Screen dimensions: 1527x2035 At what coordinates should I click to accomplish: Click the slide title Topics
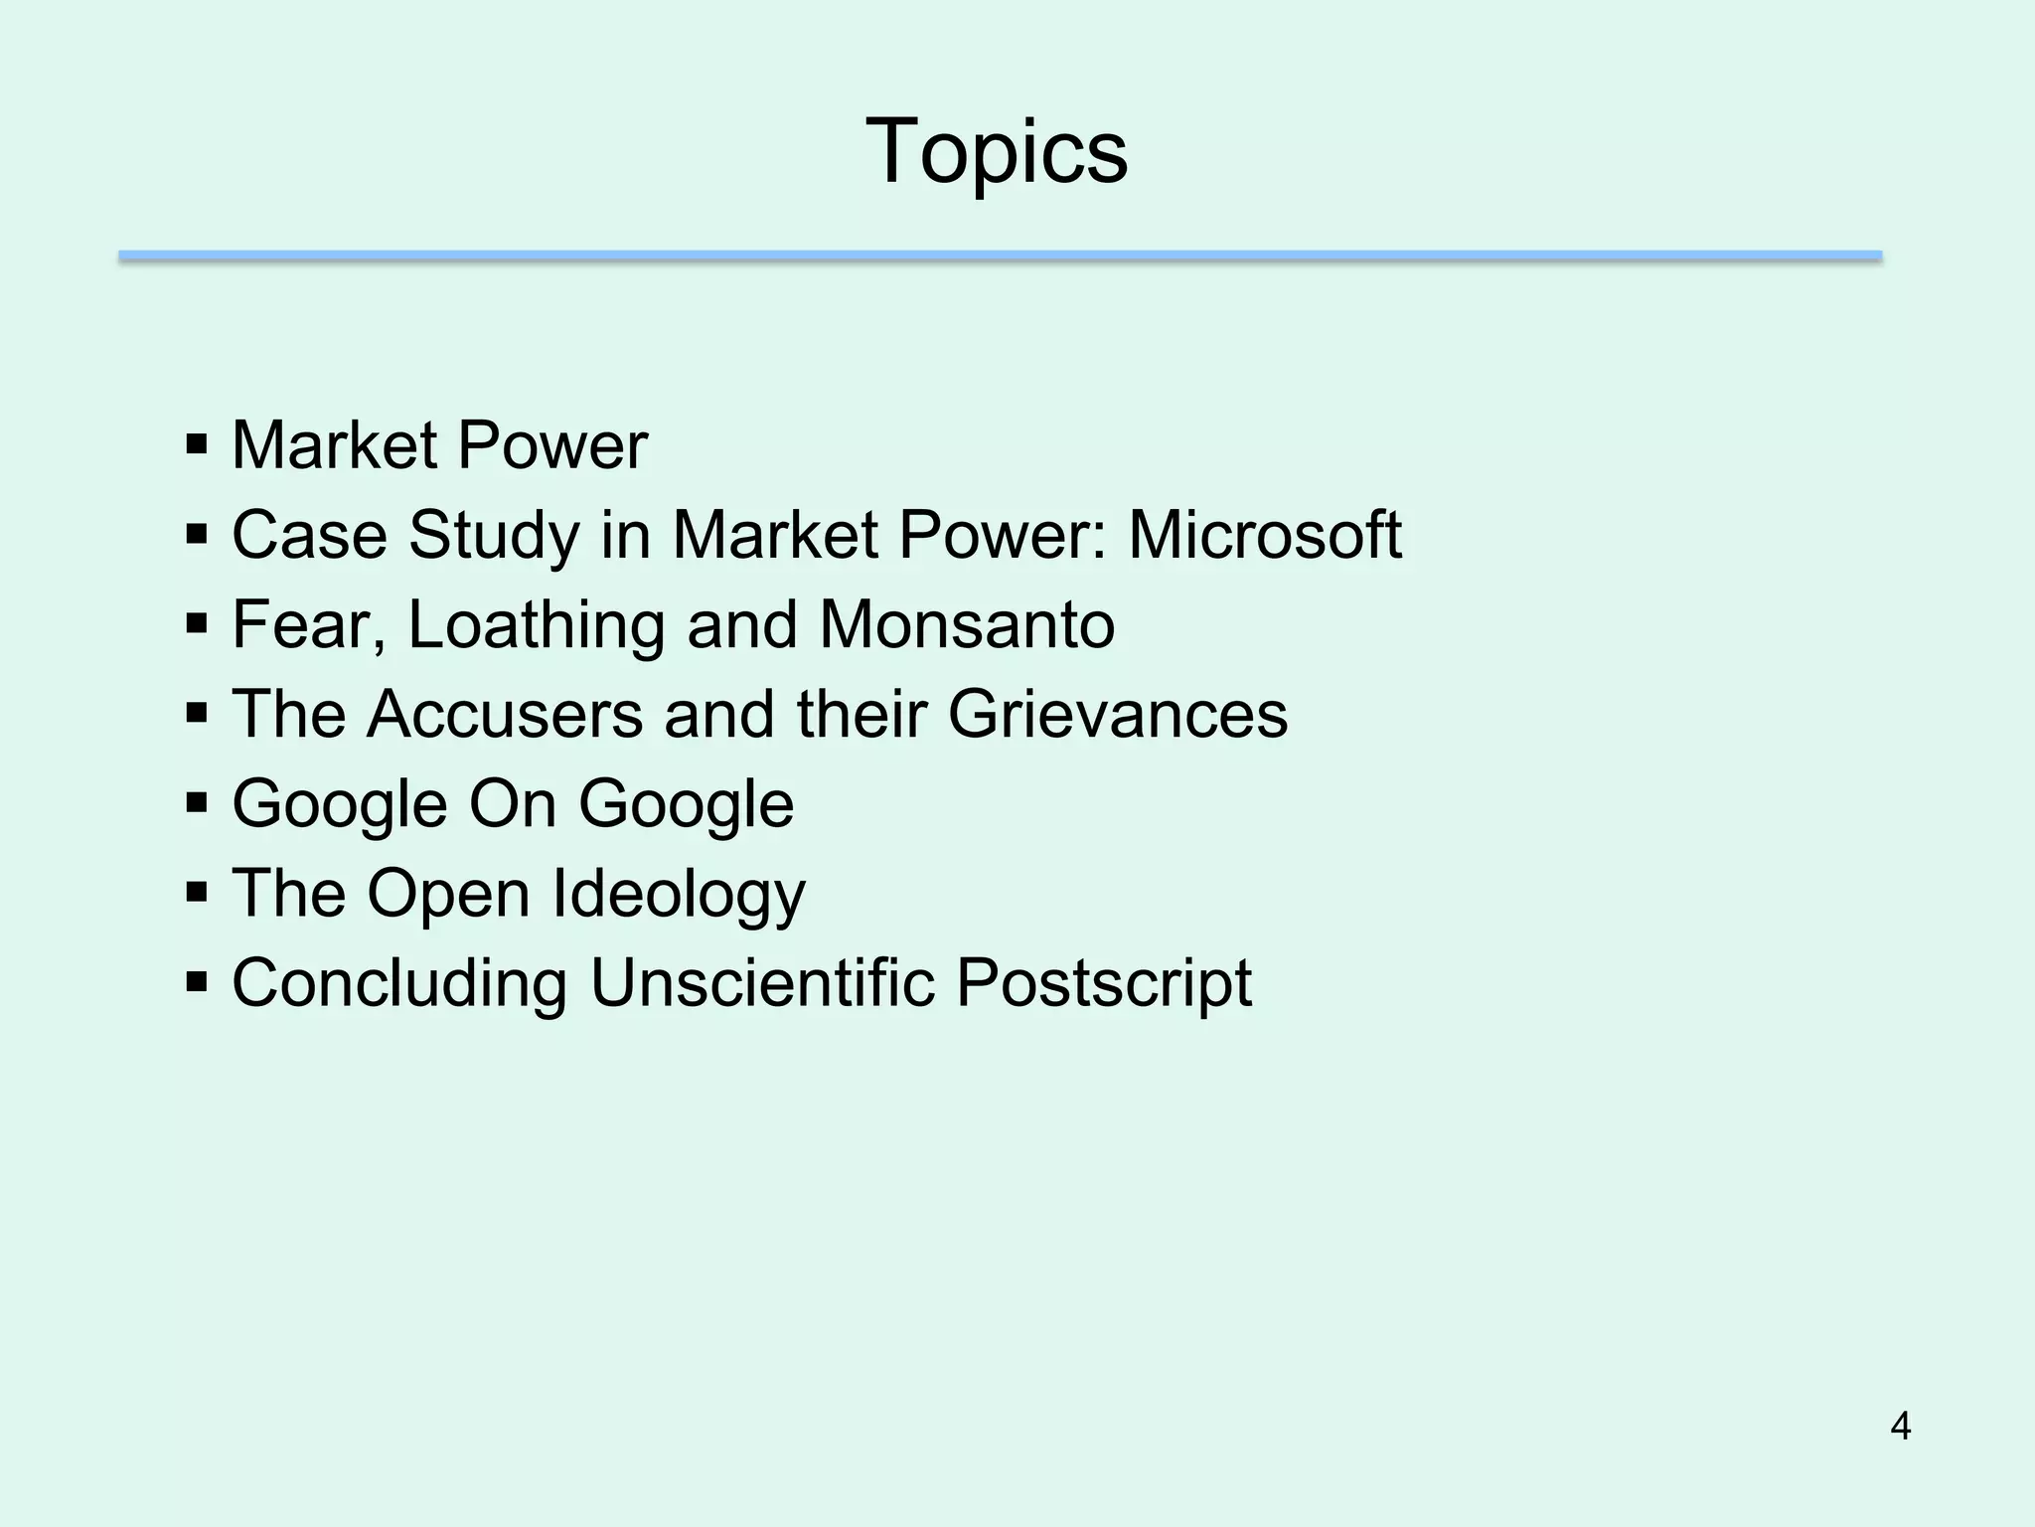997,151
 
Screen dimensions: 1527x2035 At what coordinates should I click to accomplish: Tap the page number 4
1900,1427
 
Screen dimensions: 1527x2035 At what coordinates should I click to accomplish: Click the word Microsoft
1264,535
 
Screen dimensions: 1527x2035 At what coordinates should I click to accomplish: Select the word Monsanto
966,624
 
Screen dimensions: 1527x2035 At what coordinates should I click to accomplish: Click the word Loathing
536,624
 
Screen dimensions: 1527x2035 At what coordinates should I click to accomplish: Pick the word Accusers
505,714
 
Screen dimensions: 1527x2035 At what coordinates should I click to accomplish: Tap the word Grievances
1117,714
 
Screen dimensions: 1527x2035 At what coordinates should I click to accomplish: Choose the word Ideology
678,895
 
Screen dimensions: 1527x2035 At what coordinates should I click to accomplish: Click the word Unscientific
762,983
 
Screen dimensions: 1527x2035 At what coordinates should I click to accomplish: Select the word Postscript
1103,983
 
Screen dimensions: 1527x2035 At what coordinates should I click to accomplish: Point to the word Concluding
399,983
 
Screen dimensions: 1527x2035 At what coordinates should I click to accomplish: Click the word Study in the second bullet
493,535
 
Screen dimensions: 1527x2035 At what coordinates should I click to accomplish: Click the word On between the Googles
512,803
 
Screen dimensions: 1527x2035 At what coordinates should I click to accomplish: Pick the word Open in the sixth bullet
448,895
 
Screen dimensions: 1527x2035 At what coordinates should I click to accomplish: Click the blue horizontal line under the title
1000,256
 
